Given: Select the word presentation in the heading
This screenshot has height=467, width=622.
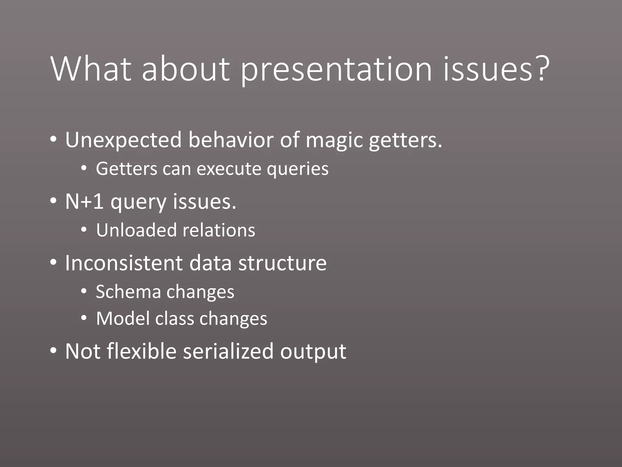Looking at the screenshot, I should pos(336,71).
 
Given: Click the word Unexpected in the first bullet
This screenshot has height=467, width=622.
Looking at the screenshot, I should pos(123,140).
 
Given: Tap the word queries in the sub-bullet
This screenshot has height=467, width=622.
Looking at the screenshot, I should pos(297,169).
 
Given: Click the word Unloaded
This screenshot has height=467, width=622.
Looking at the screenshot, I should pos(136,230).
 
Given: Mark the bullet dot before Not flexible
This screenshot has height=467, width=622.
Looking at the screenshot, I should pos(53,351).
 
